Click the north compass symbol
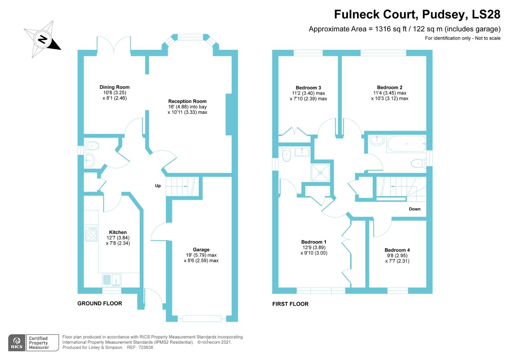[x=42, y=39]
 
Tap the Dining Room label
[x=115, y=87]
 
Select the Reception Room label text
[x=187, y=101]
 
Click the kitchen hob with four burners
[x=91, y=234]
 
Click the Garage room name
[x=201, y=250]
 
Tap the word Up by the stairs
[x=158, y=186]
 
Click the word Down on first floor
[x=415, y=209]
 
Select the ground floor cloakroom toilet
[x=92, y=146]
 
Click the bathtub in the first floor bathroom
[x=406, y=144]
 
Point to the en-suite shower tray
[x=320, y=173]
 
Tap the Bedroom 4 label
[x=397, y=250]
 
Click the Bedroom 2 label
[x=389, y=87]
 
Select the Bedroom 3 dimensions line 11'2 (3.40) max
[x=308, y=93]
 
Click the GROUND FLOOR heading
[x=100, y=303]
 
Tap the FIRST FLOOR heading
[x=290, y=304]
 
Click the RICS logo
[x=17, y=343]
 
